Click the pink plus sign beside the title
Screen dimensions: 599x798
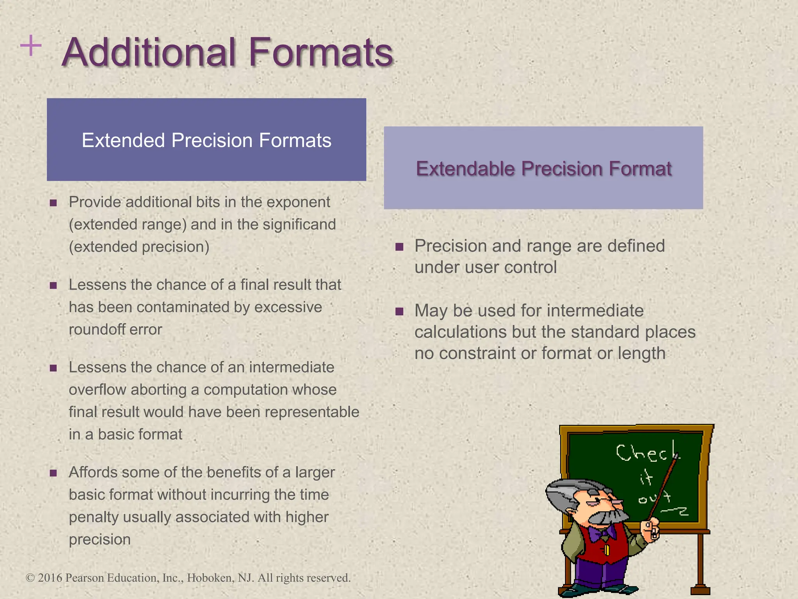coord(31,46)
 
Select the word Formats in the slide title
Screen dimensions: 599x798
coord(321,53)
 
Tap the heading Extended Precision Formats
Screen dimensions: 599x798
coord(207,140)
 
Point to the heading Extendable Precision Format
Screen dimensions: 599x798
coord(544,169)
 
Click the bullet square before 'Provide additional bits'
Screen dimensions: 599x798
coord(53,203)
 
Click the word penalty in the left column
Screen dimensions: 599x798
coord(94,517)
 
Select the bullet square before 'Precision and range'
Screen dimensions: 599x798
coord(399,247)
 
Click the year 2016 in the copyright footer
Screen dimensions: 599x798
coord(50,578)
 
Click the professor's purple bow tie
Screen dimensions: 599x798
coord(602,532)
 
